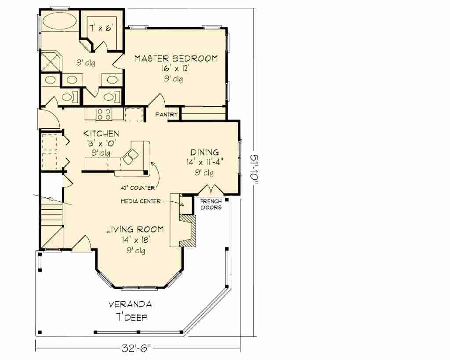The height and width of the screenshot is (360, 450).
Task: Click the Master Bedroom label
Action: [x=176, y=58]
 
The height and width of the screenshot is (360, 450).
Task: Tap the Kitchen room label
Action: [x=101, y=134]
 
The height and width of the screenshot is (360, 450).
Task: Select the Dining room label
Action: [x=205, y=152]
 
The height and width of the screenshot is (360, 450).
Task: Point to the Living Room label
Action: [x=135, y=229]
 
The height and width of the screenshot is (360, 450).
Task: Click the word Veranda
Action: [x=130, y=304]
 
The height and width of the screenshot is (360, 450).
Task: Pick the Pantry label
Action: [x=167, y=115]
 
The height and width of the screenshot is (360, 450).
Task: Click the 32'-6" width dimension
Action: [x=136, y=349]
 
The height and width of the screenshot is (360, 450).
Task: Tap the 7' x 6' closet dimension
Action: [x=102, y=29]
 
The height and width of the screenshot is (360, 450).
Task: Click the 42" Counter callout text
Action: [x=138, y=188]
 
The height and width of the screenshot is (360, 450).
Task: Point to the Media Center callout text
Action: [x=141, y=201]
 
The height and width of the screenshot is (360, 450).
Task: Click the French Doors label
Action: [x=211, y=204]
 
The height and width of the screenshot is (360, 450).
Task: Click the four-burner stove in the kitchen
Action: [x=104, y=114]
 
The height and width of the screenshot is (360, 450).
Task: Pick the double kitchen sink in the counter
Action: [x=130, y=157]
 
